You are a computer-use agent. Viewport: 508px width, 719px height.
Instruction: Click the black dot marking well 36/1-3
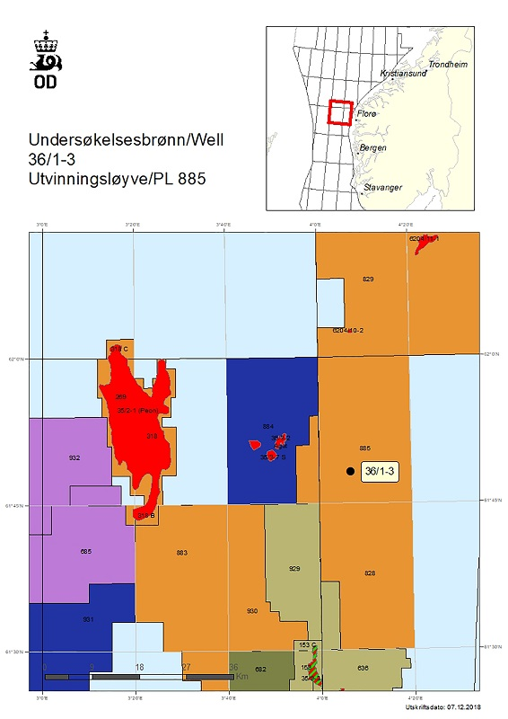click(349, 470)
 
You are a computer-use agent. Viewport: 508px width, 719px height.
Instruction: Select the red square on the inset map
click(339, 113)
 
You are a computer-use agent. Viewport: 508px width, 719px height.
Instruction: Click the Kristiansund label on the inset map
click(400, 74)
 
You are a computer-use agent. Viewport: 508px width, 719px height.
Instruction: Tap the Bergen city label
click(372, 147)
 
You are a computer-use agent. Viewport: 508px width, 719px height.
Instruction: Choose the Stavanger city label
click(382, 187)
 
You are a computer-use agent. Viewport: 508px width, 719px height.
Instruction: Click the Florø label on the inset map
click(367, 114)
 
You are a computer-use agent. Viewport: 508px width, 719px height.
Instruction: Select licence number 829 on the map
click(368, 280)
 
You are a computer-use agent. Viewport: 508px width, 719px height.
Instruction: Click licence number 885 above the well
click(364, 448)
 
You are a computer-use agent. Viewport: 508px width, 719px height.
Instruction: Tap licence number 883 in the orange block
click(182, 552)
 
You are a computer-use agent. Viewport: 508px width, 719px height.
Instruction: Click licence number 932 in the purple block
click(74, 457)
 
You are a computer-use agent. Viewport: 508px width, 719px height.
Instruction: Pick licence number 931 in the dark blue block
click(88, 620)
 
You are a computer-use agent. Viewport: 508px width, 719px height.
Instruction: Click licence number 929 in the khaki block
click(294, 569)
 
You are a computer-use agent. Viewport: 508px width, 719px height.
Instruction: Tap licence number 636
click(363, 668)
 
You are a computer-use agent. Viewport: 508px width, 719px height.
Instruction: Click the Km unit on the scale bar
click(241, 676)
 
